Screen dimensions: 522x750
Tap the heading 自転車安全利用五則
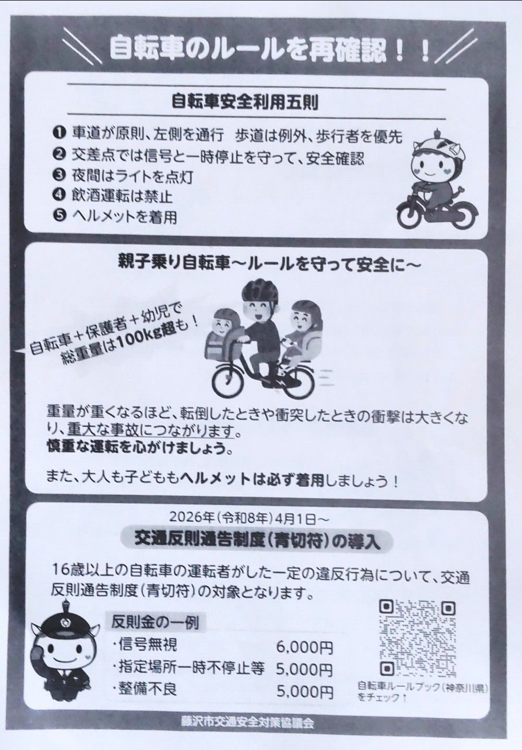(x=245, y=103)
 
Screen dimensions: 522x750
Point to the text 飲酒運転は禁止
(x=122, y=196)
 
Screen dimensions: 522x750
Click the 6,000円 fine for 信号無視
(x=305, y=647)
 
